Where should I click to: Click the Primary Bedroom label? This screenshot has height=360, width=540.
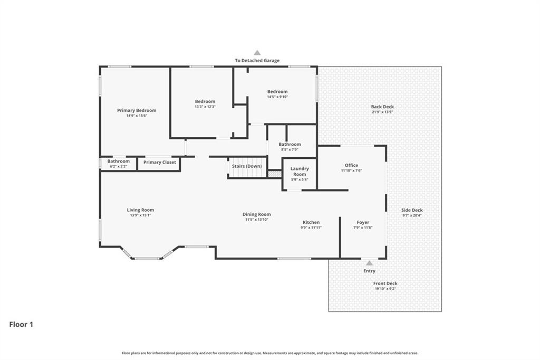[x=137, y=110]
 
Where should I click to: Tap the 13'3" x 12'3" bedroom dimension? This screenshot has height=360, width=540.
[x=205, y=107]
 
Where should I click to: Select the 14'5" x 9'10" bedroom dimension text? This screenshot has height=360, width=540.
[x=277, y=97]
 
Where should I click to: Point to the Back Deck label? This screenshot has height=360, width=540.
[x=382, y=107]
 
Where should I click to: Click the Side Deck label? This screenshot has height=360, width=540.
[x=412, y=210]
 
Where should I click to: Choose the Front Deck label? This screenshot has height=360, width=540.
[x=385, y=283]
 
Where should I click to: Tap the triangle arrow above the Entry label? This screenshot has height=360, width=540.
[x=369, y=263]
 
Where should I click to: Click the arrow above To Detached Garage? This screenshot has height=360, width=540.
[x=257, y=53]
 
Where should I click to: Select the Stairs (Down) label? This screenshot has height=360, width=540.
[x=247, y=166]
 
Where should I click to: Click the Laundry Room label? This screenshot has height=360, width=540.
[x=300, y=172]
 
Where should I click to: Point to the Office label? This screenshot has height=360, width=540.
[x=351, y=165]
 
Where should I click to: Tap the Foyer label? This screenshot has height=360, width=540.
[x=363, y=222]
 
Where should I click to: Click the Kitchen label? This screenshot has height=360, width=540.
[x=311, y=222]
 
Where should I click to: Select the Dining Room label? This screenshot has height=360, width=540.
[x=257, y=214]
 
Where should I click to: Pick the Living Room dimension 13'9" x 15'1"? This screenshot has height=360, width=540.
[x=140, y=215]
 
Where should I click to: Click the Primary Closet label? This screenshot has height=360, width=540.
[x=159, y=162]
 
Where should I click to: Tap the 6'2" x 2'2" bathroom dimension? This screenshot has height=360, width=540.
[x=119, y=167]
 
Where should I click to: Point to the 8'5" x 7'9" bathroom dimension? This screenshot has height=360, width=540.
[x=290, y=150]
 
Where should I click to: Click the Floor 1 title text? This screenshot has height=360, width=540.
[x=21, y=325]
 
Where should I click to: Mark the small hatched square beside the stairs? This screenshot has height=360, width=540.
[x=274, y=174]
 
